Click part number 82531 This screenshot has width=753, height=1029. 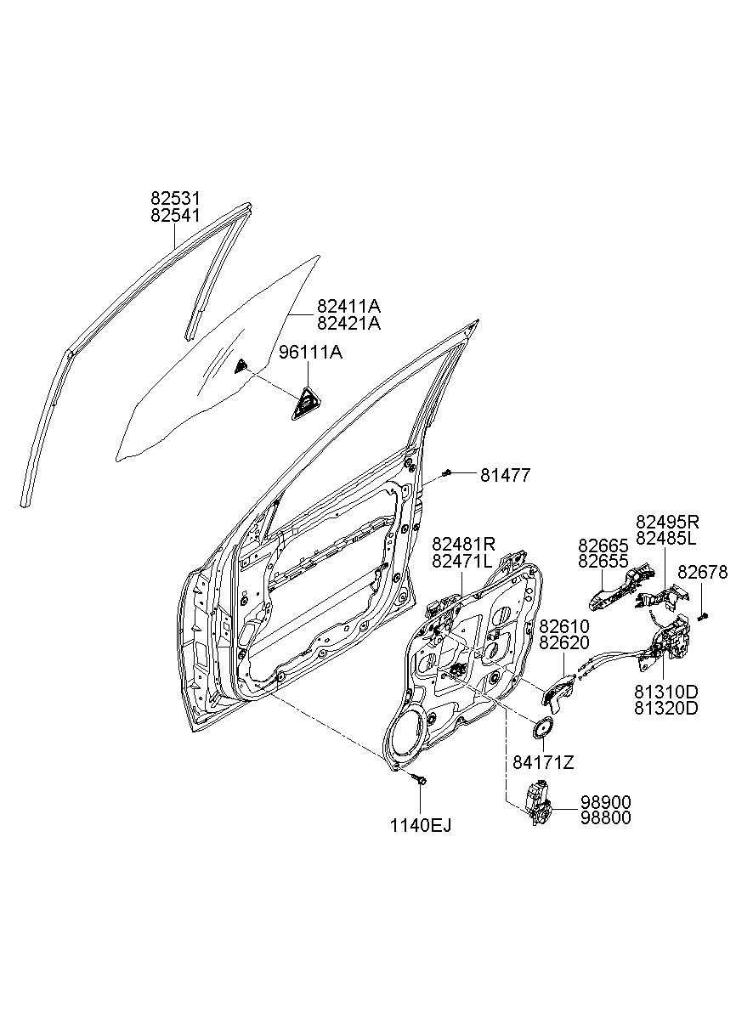click(x=175, y=199)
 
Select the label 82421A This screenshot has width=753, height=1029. click(x=348, y=324)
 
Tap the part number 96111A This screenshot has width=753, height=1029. click(x=310, y=353)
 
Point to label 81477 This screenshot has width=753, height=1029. click(x=506, y=476)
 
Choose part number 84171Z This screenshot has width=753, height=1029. click(x=543, y=763)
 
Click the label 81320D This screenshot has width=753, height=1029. click(x=666, y=708)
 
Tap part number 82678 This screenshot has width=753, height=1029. click(x=703, y=572)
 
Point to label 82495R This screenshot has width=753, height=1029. click(x=667, y=522)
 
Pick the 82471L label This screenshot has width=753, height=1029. click(x=461, y=561)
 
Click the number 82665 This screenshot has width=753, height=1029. click(x=603, y=546)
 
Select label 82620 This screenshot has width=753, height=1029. click(x=563, y=642)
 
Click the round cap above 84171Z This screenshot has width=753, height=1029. click(x=542, y=727)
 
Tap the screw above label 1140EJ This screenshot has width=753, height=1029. click(x=420, y=778)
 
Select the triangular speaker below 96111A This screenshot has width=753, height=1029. click(x=305, y=404)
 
